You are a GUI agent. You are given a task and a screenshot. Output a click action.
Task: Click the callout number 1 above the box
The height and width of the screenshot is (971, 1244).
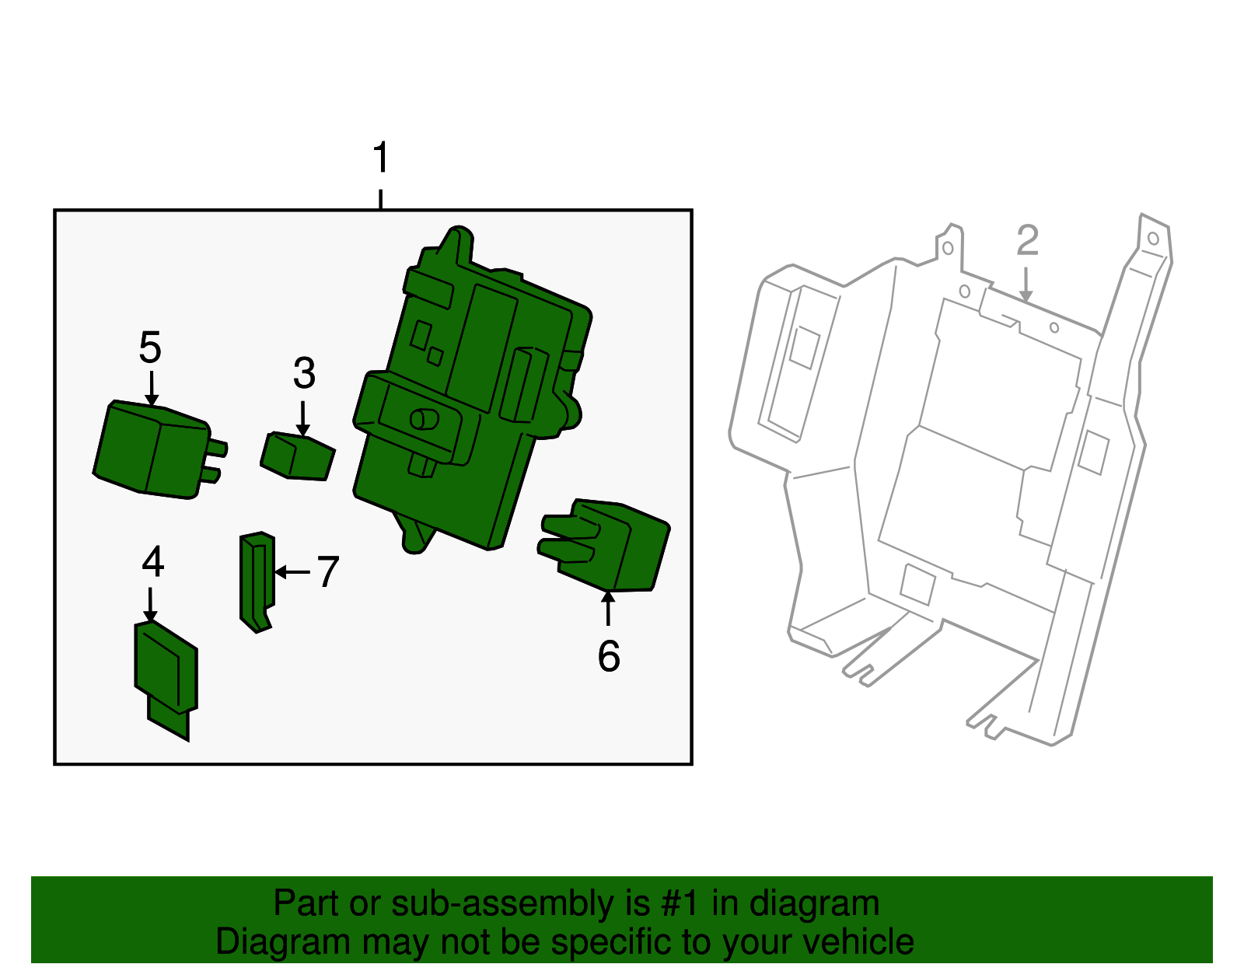tap(380, 159)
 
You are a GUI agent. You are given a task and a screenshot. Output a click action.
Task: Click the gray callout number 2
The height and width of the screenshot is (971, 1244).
tap(1027, 241)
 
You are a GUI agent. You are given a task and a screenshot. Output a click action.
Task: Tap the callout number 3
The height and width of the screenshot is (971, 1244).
tap(304, 374)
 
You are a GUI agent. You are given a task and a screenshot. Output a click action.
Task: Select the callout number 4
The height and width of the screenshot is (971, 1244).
tap(153, 562)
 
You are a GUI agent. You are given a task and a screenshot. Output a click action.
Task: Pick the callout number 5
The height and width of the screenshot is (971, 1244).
tap(150, 348)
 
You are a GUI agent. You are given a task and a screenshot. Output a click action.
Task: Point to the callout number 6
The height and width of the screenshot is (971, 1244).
tap(609, 656)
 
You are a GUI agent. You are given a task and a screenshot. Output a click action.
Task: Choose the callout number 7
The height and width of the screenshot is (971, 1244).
tap(327, 573)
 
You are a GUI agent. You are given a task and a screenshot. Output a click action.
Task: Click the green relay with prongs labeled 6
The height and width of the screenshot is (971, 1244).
tap(610, 544)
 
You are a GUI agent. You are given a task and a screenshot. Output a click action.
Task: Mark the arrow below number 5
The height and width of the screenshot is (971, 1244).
tap(151, 387)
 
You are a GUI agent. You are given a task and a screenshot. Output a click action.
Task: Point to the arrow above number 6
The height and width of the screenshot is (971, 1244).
tap(608, 608)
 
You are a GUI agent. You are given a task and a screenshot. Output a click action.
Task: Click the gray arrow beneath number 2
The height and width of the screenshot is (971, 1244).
tap(1026, 285)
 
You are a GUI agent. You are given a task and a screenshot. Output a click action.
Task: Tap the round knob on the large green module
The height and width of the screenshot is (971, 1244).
tap(425, 420)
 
